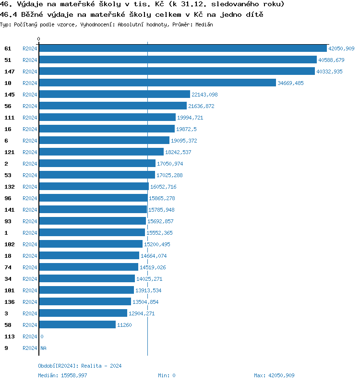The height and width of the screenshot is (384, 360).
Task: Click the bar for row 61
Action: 182,48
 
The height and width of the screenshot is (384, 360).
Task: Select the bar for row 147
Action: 177,72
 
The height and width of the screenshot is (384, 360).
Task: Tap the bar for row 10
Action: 157,83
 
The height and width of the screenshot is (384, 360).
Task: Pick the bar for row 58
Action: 77,325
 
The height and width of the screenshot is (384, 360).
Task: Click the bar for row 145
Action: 114,95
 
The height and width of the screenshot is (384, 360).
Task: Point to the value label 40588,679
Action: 331,60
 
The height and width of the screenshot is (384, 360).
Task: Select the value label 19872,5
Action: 186,129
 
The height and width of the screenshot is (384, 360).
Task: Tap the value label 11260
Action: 124,325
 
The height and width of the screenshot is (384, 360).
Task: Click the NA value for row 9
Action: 43,348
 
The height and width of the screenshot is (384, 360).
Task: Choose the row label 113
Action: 10,336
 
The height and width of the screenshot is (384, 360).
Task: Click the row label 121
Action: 10,152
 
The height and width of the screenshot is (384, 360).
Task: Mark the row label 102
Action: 10,244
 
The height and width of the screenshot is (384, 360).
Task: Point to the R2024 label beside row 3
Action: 30,313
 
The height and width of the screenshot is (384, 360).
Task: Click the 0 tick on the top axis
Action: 39,39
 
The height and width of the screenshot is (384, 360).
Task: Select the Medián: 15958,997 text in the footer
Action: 62,375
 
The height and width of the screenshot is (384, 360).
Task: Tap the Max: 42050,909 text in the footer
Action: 274,375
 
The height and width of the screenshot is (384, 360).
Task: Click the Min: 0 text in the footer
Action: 167,375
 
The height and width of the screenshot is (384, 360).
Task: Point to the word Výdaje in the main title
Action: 29,4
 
